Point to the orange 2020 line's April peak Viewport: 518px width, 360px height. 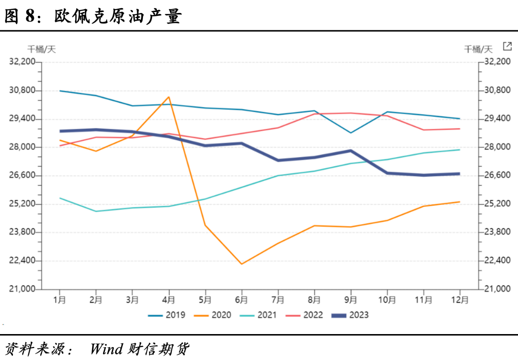(169, 97)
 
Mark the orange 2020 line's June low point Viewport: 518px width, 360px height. (241, 264)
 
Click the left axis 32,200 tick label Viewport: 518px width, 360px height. (23, 61)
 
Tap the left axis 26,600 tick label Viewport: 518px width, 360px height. (23, 176)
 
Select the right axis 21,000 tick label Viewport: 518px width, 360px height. (497, 289)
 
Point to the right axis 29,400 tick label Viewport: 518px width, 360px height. (497, 119)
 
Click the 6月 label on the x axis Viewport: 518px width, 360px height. (241, 300)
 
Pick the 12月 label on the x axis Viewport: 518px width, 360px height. (459, 300)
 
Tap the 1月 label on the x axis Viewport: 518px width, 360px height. (59, 300)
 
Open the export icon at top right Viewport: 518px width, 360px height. (507, 46)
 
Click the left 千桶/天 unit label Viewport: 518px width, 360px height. (41, 49)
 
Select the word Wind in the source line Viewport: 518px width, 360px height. (106, 348)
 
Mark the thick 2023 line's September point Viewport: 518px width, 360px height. (351, 151)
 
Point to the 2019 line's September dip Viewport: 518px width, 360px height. (351, 132)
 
